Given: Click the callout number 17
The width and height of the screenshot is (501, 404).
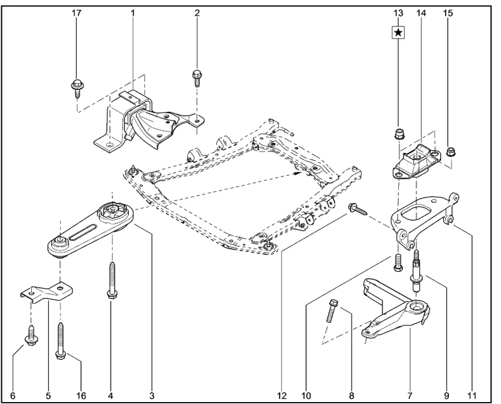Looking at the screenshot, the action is [77, 13].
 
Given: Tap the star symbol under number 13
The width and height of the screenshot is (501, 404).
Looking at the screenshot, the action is [398, 33].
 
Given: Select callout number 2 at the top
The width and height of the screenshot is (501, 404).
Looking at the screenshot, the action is [197, 13].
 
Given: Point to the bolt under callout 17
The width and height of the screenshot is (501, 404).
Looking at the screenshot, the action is [77, 88].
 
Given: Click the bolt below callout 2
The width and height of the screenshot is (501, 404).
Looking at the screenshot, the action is [196, 78].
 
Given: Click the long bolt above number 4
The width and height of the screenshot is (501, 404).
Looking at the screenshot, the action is [111, 280].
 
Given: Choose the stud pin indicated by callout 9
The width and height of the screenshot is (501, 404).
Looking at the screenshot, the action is [416, 271].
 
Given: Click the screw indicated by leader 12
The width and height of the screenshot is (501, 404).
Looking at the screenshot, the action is [359, 209].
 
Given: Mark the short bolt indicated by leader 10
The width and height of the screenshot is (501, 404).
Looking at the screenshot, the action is [397, 263].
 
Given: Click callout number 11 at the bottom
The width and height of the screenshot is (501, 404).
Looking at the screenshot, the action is [472, 396].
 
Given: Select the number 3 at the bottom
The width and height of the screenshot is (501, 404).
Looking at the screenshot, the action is [152, 396].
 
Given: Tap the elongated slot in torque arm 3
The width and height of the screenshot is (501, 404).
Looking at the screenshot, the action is [83, 232].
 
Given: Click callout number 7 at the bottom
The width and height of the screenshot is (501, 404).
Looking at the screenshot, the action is [410, 396].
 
